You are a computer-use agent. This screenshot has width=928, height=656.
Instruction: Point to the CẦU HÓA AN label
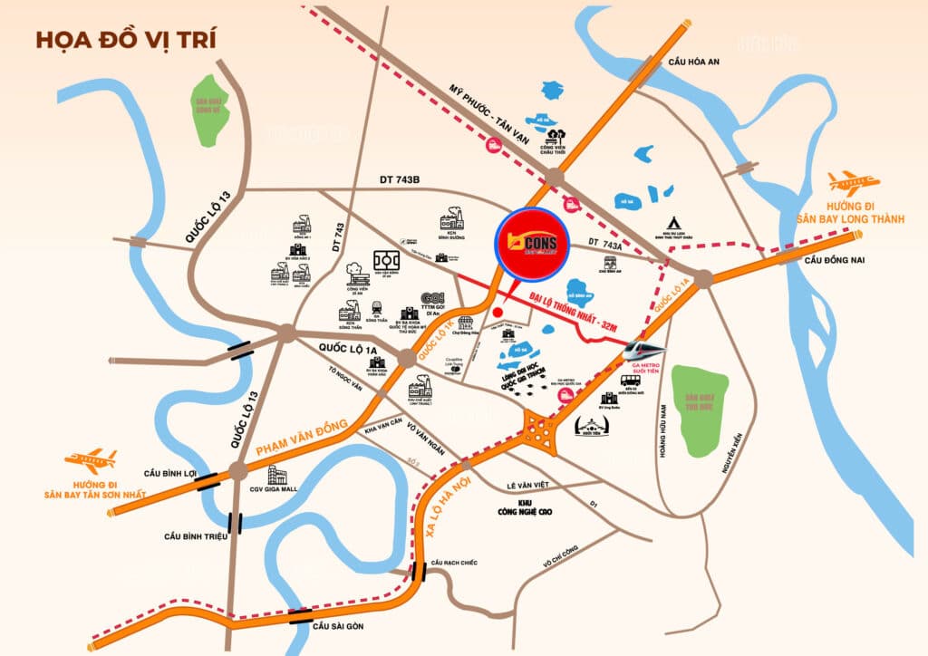pyautogui.click(x=693, y=61)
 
